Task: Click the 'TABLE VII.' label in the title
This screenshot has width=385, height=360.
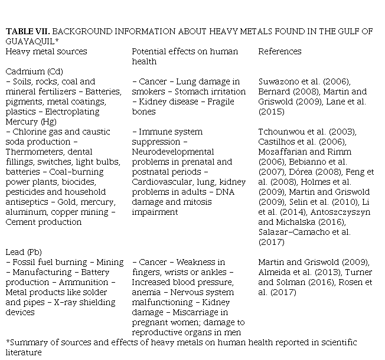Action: coord(25,32)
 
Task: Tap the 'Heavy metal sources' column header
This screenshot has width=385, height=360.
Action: coord(46,51)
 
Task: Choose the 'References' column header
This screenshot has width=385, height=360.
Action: coord(279,51)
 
